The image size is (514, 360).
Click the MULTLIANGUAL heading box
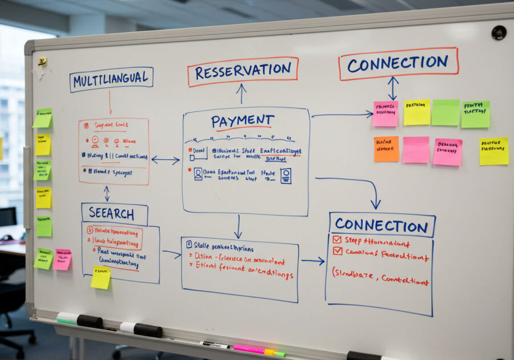111,79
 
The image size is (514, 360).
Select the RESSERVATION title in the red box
243,71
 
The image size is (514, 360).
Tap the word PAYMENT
242,121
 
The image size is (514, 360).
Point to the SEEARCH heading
114,214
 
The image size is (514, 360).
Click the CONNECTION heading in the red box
398,63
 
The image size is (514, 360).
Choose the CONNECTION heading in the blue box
382,225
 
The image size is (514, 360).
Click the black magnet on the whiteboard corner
499,33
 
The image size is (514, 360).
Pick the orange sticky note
386,149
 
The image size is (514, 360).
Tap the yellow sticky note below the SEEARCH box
101,277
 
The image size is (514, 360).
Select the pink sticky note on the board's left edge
62,259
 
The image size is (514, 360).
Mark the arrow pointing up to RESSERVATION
242,93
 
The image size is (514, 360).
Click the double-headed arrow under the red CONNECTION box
393,89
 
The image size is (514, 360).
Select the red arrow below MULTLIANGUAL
110,103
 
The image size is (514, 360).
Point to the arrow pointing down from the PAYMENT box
238,227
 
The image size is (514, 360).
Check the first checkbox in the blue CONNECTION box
337,240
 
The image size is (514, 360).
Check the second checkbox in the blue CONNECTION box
338,251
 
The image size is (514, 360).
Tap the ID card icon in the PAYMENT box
286,175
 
